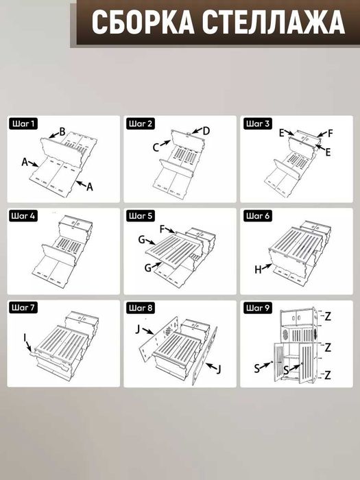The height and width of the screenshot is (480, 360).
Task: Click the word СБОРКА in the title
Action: pos(143,23)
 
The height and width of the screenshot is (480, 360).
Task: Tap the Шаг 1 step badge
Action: pos(23,123)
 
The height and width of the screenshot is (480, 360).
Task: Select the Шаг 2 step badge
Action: pos(140,123)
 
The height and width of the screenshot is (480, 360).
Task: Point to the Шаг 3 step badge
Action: pos(258,123)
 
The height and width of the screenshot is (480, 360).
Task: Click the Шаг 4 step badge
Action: pos(23,216)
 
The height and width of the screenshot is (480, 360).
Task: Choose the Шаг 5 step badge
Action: pos(140,216)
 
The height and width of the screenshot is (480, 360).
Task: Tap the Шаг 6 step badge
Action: pos(258,216)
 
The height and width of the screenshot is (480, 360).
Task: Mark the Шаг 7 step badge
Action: pos(23,307)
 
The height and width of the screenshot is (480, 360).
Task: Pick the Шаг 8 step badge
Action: pos(140,307)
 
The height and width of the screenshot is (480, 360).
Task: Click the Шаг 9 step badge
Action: pos(258,307)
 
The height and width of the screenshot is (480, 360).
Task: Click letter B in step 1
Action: pos(62,132)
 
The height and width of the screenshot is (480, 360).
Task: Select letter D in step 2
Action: pos(206,131)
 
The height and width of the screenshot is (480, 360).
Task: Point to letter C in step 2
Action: pos(156,148)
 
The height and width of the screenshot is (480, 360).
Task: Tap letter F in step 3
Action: pos(330,134)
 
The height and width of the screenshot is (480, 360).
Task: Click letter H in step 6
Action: pos(258,269)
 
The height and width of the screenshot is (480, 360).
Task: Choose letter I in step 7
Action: pos(25,337)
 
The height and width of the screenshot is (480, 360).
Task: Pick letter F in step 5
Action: pos(163,229)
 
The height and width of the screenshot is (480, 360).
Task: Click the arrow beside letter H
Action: pos(267,266)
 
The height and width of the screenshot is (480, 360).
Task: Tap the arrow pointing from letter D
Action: pos(197,131)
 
